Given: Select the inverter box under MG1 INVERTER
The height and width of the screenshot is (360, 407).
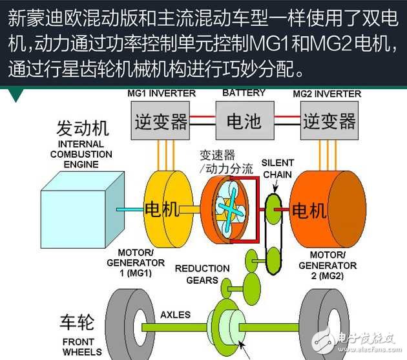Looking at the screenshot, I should (160, 121).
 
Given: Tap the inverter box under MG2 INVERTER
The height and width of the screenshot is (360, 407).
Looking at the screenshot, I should (328, 121).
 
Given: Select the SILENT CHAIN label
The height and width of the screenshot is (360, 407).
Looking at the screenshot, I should (278, 168).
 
